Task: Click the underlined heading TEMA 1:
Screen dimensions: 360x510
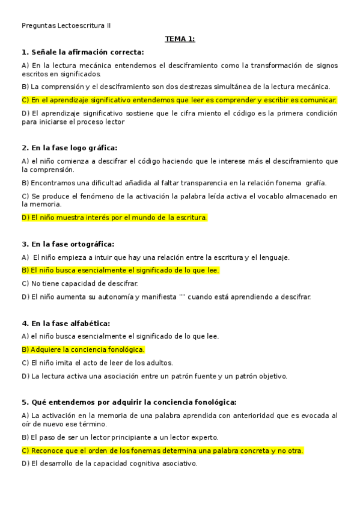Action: coord(180,39)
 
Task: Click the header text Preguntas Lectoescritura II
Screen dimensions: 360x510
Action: coord(66,25)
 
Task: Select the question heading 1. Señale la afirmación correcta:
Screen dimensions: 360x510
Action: coord(82,52)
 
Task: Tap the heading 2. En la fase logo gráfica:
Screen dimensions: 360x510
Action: coord(69,147)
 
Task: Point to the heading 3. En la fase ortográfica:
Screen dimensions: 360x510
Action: coord(68,244)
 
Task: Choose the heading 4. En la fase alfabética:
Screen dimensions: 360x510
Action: coord(66,323)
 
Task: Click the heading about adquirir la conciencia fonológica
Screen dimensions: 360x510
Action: coord(129,402)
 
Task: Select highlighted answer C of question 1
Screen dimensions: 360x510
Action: coord(179,100)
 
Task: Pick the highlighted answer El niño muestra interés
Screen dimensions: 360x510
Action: coord(114,217)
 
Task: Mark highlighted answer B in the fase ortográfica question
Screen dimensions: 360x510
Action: coord(120,270)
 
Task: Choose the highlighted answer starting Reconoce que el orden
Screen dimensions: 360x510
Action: coord(162,450)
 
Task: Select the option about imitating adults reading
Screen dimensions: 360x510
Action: coord(97,363)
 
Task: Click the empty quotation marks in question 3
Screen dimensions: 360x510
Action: coord(182,296)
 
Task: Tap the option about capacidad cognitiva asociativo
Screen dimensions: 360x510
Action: coord(109,464)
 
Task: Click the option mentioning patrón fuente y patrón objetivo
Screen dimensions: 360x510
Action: coord(154,376)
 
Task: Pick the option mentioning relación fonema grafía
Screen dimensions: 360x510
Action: coord(174,183)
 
